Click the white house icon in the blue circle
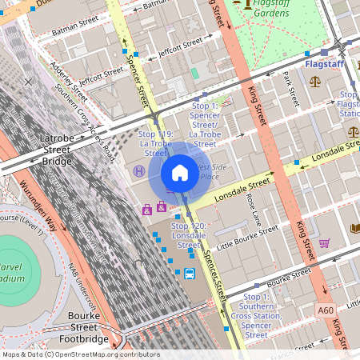(x=180, y=173)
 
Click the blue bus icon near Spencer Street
(x=190, y=274)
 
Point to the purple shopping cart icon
(x=324, y=243)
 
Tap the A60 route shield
(x=325, y=310)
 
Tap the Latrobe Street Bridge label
(x=56, y=150)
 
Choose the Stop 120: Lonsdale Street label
(x=190, y=237)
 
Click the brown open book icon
(x=355, y=229)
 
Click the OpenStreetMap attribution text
(x=81, y=354)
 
